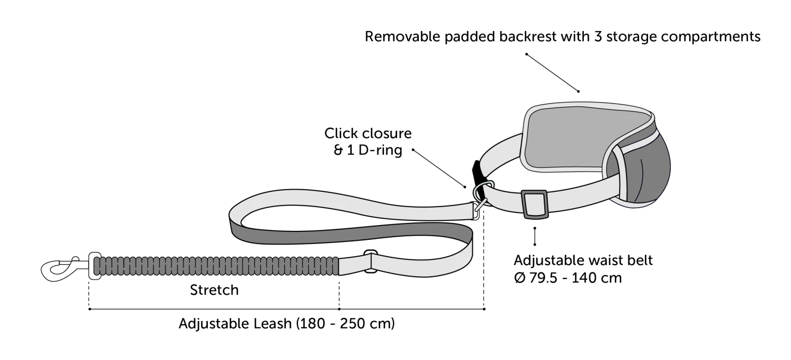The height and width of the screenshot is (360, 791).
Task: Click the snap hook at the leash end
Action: tap(61, 268)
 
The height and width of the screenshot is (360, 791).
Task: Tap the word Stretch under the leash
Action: tap(214, 290)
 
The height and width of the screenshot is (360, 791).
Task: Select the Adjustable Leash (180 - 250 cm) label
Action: tap(286, 323)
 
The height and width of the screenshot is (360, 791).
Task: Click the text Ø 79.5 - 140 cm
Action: tap(567, 277)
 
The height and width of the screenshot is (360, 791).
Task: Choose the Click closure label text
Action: tap(368, 132)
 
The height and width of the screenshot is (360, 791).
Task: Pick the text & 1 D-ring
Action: tap(363, 150)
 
